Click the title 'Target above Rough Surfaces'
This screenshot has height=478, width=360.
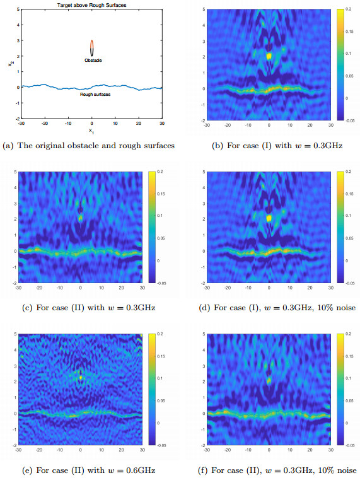[92, 6]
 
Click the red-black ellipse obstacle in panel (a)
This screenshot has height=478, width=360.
[92, 48]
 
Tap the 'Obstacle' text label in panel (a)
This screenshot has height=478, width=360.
[93, 61]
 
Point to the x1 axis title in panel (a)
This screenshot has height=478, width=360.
[92, 131]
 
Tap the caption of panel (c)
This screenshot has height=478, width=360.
[89, 307]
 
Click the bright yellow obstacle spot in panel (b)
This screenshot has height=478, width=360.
[269, 56]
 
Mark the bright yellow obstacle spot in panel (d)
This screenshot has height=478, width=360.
[269, 218]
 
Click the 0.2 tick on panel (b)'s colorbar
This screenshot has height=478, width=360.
[349, 11]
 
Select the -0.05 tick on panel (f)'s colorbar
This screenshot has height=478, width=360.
[350, 445]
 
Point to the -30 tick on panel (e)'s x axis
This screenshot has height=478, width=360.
[19, 450]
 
